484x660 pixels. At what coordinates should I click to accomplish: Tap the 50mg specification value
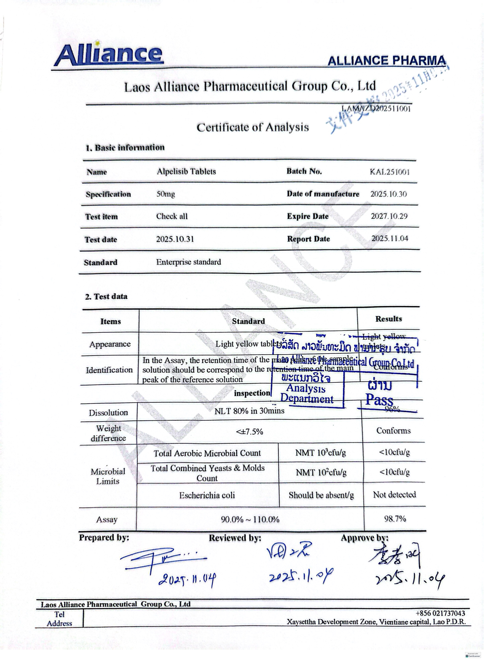point(166,194)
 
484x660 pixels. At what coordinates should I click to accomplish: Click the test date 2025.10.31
point(175,239)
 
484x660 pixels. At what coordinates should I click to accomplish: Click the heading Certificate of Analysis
point(252,127)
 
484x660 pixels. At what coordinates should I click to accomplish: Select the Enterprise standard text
point(188,262)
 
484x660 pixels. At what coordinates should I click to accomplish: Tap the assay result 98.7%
point(395,519)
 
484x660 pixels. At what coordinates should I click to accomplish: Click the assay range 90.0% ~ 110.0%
point(250,519)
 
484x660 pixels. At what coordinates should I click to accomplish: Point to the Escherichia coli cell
point(207,495)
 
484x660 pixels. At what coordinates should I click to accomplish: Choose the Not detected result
point(394,494)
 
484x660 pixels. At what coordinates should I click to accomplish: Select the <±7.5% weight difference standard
point(250,431)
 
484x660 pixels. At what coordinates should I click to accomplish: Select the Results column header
point(389,319)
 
